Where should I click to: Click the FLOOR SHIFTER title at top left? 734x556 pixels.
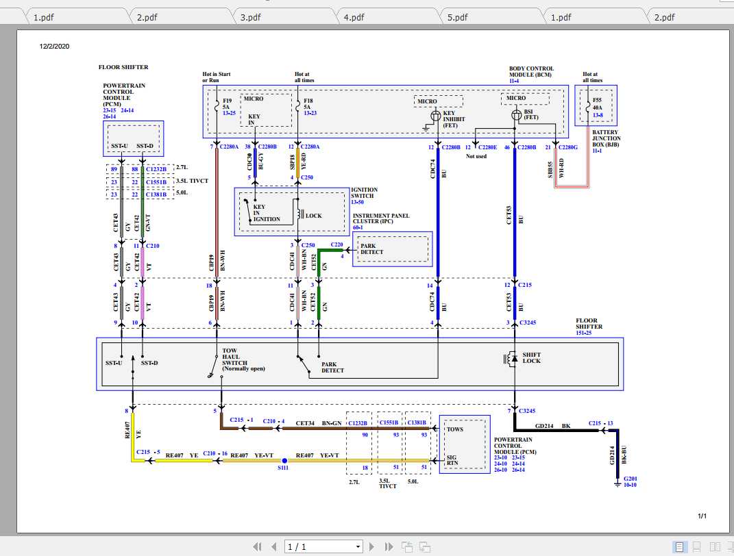[123, 67]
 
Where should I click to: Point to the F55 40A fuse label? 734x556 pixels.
[597, 104]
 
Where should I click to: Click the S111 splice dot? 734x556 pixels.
[284, 461]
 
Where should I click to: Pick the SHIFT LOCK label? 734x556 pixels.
[531, 358]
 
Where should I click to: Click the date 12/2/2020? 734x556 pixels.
[55, 47]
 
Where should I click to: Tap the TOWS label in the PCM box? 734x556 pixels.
[454, 429]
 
